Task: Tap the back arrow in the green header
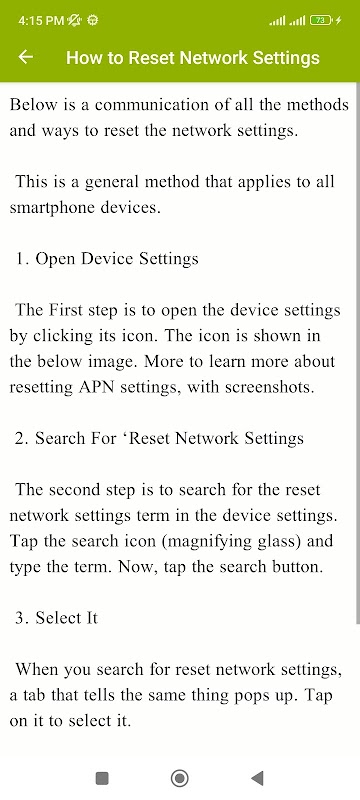coord(25,57)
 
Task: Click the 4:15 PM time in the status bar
coord(41,20)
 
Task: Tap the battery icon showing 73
coord(321,20)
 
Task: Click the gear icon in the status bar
coord(93,20)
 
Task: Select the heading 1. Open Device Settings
coord(107,259)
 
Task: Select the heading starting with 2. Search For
coord(159,438)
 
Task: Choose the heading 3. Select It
coord(56,618)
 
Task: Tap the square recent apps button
coord(102,778)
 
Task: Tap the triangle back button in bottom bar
coord(258,778)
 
